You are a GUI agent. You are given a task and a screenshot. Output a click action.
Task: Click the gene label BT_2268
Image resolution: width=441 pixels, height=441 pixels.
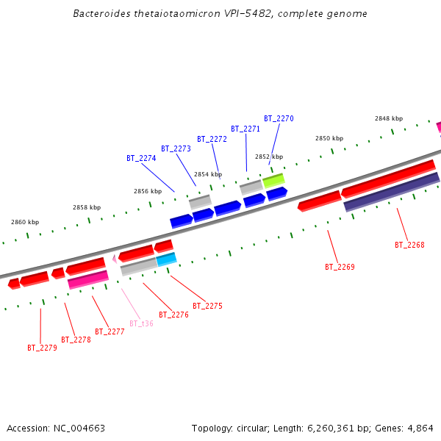coord(409,245)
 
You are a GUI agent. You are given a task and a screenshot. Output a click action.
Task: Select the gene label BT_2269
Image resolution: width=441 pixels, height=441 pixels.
coord(340,267)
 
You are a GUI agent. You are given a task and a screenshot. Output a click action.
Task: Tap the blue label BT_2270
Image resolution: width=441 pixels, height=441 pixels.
coord(279,118)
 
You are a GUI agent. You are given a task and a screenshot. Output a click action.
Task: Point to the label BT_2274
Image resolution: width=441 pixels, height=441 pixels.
coord(141,158)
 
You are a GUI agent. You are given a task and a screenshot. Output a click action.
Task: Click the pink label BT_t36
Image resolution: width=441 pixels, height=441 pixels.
coord(141,323)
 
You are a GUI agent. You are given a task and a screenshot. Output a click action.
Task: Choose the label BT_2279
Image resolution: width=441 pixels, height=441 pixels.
coord(42,348)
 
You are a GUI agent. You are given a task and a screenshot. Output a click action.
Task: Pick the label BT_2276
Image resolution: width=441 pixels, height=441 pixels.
coord(173,315)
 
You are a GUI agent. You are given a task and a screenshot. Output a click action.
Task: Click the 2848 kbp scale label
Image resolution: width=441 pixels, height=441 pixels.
coord(389,118)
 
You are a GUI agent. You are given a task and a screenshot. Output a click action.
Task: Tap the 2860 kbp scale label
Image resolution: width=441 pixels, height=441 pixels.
coord(25,222)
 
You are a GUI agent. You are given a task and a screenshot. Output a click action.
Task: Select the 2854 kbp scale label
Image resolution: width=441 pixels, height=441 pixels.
coord(207,175)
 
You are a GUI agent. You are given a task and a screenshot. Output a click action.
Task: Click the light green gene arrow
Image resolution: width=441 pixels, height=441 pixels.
coord(273,179)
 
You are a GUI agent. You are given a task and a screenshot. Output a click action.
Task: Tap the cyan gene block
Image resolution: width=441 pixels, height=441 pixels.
coord(166,259)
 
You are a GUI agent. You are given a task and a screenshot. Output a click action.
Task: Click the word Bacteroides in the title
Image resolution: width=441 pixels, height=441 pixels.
coord(104,14)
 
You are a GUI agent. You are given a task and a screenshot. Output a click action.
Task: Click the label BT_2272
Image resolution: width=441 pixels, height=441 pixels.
coord(212,139)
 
